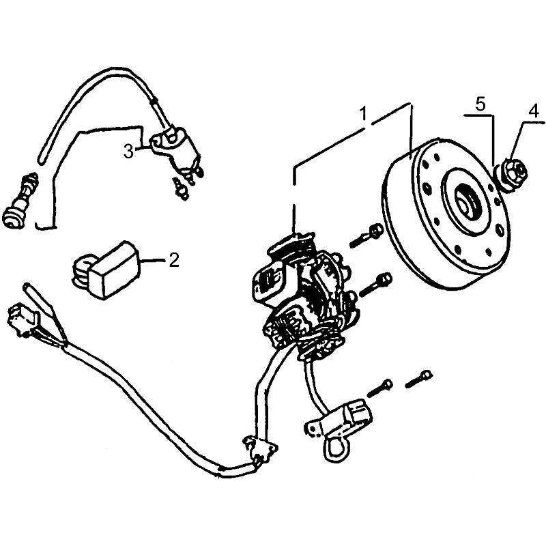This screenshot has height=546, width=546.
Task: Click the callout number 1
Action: [363, 113]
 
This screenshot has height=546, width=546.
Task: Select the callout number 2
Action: [174, 260]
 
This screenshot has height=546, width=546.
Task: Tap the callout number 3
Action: [129, 152]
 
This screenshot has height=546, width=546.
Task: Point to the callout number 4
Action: [533, 111]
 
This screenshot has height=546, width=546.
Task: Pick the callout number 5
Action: [480, 105]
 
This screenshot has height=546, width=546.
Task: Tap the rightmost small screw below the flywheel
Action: [419, 379]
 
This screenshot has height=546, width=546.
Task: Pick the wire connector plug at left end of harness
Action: [22, 319]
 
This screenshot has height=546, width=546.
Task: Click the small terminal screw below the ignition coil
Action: [180, 188]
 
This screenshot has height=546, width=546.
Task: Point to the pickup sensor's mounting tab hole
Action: [315, 429]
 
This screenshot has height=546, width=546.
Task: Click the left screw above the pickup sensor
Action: [380, 388]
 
